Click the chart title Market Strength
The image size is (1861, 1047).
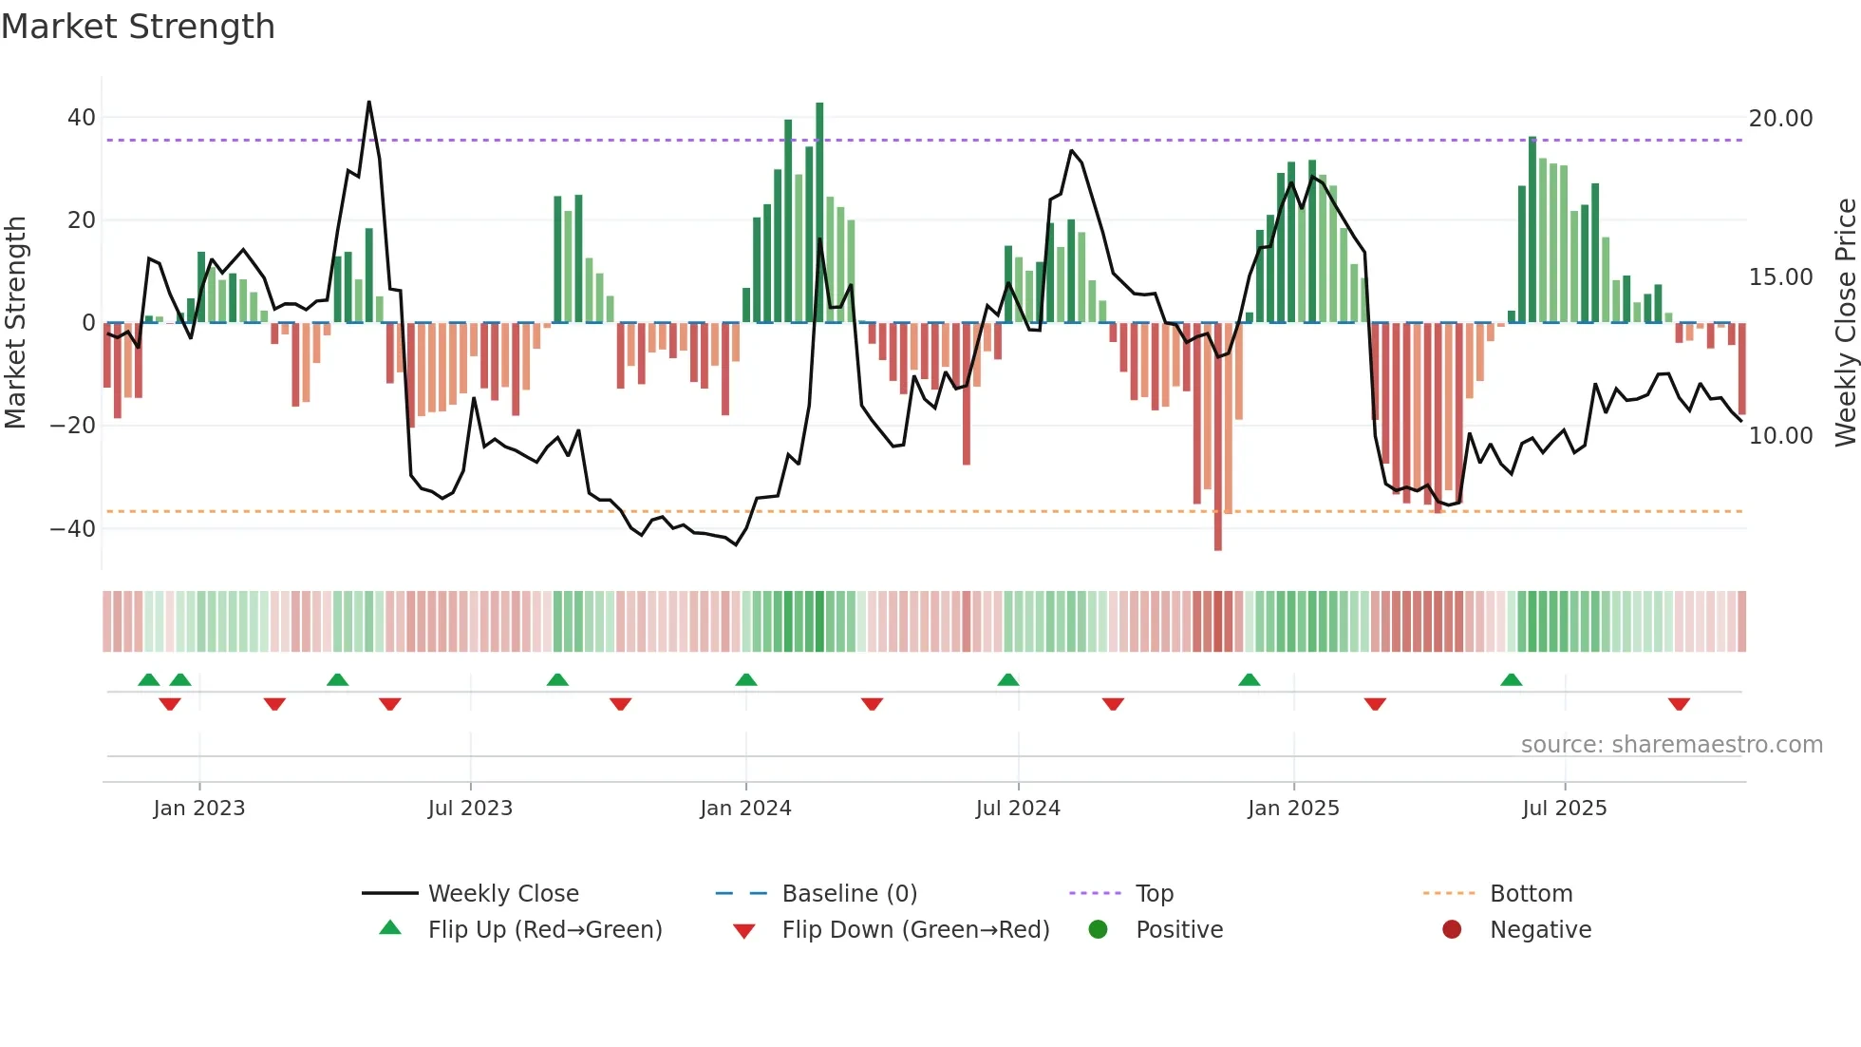tap(138, 27)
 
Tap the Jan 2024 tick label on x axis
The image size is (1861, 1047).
tap(745, 809)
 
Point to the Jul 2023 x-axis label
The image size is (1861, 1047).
tap(470, 809)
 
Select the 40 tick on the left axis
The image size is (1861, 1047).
tap(82, 118)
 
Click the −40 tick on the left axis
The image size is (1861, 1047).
tap(74, 528)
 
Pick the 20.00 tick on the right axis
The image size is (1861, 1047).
tap(1780, 119)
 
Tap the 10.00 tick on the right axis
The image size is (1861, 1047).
tap(1780, 436)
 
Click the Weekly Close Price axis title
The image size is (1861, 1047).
tap(1845, 323)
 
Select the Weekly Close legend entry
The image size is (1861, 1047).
tap(502, 894)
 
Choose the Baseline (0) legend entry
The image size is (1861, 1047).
tap(849, 894)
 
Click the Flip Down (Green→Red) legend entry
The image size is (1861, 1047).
tap(914, 930)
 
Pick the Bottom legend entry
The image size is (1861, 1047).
tap(1531, 894)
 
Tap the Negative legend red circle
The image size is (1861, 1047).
tap(1452, 930)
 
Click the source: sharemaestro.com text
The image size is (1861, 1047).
tap(1671, 745)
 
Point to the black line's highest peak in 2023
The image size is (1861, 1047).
tap(368, 103)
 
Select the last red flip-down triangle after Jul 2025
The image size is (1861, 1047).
tap(1679, 704)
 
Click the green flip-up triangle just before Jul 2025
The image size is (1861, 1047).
tap(1512, 679)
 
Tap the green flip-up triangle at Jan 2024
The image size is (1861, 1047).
tap(746, 679)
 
